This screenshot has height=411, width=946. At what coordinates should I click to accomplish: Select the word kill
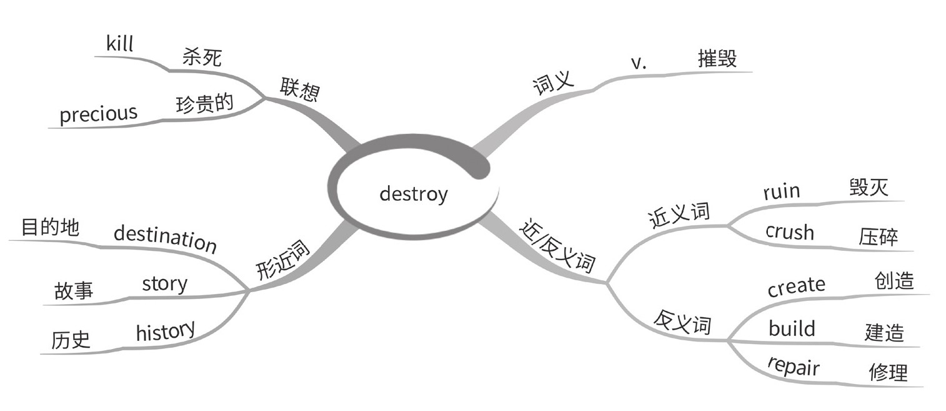tap(120, 44)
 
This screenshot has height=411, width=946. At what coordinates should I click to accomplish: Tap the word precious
tap(98, 114)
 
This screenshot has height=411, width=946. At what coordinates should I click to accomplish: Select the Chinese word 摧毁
tap(717, 59)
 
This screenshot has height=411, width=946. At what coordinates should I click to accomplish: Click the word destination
tap(165, 240)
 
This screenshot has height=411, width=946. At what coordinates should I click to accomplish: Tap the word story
tap(164, 283)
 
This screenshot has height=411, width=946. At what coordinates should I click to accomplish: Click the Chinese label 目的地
tap(50, 227)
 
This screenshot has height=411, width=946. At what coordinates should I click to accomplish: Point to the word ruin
tap(781, 191)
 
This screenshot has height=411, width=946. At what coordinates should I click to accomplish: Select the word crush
tap(790, 232)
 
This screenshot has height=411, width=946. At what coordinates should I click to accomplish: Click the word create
tap(796, 286)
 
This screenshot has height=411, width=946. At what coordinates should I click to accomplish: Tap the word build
tap(792, 328)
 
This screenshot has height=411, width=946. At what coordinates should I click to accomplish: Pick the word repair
tap(793, 367)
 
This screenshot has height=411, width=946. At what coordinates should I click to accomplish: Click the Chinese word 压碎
tap(878, 238)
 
